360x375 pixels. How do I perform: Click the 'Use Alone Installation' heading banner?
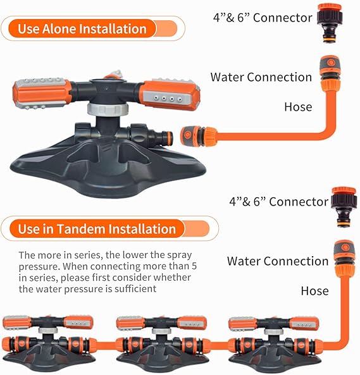point(93,28)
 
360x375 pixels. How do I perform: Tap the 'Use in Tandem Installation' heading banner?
point(109,228)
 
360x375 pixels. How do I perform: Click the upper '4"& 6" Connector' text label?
point(263,18)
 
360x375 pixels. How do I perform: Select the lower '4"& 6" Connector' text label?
point(278,202)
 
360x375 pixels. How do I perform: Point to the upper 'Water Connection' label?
point(261,77)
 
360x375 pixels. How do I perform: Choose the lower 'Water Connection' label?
point(278,261)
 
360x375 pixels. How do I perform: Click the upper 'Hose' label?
point(298,107)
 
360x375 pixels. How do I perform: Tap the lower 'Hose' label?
point(315,291)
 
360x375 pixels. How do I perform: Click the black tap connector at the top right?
point(330,23)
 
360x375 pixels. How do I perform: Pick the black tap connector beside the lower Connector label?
point(344,207)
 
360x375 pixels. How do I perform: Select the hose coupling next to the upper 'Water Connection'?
point(330,73)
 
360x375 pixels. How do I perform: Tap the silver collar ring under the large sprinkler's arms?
point(108,109)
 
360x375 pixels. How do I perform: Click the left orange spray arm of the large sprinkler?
point(42,93)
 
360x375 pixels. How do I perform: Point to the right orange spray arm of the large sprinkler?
point(170,95)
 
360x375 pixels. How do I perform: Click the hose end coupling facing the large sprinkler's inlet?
point(199,136)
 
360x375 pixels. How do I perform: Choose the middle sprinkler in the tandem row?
point(162,343)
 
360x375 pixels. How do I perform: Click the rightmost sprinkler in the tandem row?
point(275,343)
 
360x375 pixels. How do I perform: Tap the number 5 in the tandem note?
point(194,266)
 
